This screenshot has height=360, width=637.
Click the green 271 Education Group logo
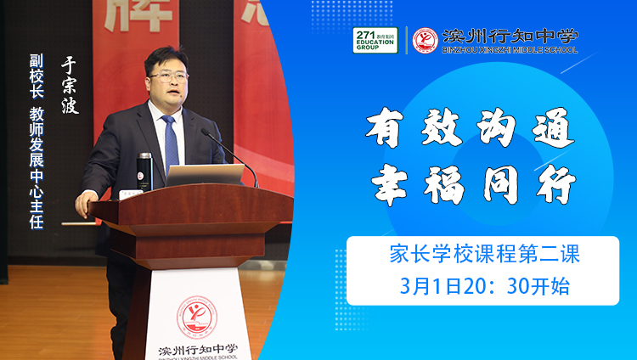(x=375, y=40)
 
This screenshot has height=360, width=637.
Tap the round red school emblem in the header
(x=425, y=40)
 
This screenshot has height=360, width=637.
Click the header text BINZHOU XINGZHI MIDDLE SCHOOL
(x=510, y=50)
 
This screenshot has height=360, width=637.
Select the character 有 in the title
(x=384, y=128)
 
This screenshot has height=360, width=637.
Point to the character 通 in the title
(x=554, y=128)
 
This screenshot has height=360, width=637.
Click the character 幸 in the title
(x=389, y=185)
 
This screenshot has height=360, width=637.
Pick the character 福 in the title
(x=444, y=185)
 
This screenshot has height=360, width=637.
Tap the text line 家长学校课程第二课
(x=484, y=254)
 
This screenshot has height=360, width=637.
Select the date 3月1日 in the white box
(x=431, y=286)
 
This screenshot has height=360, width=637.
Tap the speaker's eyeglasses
(x=168, y=76)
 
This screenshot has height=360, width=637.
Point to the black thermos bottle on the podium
(x=144, y=172)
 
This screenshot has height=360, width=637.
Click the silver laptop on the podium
(x=205, y=175)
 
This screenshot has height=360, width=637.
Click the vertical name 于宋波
(x=70, y=85)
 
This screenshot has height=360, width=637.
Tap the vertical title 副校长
(x=37, y=76)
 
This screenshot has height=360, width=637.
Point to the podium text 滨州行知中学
(x=198, y=350)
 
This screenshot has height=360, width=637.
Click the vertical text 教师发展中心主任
(x=37, y=168)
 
